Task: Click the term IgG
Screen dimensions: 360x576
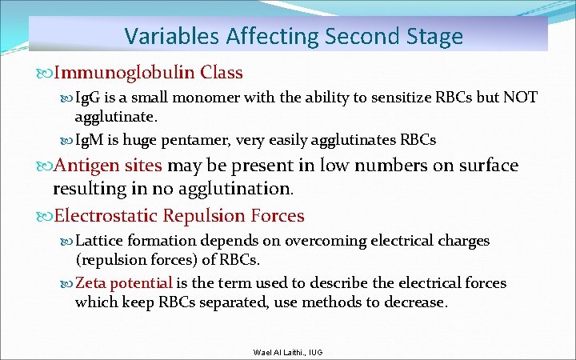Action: click(x=86, y=98)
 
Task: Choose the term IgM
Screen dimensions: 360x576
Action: click(x=87, y=140)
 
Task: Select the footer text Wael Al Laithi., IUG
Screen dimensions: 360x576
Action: click(x=288, y=353)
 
